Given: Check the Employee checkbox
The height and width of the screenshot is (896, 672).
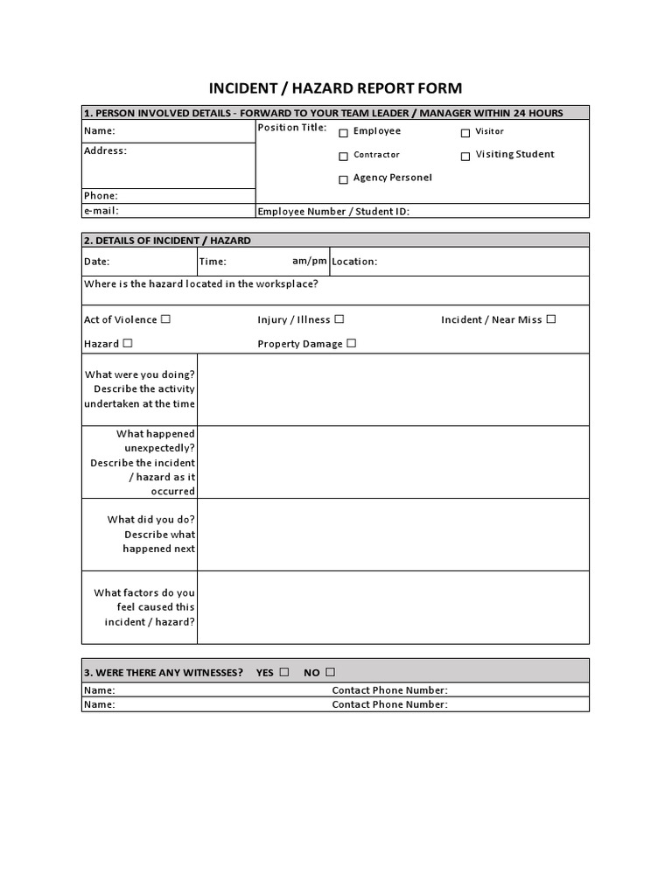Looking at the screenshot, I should click(344, 132).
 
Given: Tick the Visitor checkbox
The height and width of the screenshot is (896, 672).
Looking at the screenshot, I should click(465, 133).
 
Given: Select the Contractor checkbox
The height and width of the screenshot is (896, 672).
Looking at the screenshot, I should click(344, 156).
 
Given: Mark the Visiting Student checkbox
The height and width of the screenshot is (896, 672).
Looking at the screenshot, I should click(465, 156).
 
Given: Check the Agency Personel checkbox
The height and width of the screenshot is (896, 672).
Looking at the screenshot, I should click(344, 179).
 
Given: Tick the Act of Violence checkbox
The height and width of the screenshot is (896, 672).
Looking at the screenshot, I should click(166, 319).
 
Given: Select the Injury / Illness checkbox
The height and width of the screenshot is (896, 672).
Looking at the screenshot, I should click(339, 319).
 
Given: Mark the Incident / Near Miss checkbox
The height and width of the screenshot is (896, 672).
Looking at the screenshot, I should click(551, 319).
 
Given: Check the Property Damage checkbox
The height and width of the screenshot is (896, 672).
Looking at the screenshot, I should click(352, 343).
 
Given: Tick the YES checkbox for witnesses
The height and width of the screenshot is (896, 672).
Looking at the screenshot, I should click(283, 672).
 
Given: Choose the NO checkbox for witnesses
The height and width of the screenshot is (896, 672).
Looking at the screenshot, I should click(330, 672).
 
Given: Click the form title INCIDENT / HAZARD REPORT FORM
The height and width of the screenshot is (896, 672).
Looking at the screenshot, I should click(335, 88).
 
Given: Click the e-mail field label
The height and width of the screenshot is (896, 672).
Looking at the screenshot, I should click(101, 211).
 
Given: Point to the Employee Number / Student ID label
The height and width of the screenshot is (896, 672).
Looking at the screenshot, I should click(333, 211).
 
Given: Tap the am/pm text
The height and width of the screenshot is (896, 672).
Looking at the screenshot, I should click(310, 261).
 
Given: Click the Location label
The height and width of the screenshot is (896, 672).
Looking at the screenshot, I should click(354, 262).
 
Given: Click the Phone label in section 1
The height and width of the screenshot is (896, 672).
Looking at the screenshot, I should click(101, 196).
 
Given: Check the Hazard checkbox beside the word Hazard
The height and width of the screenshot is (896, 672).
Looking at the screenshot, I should click(128, 343).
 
